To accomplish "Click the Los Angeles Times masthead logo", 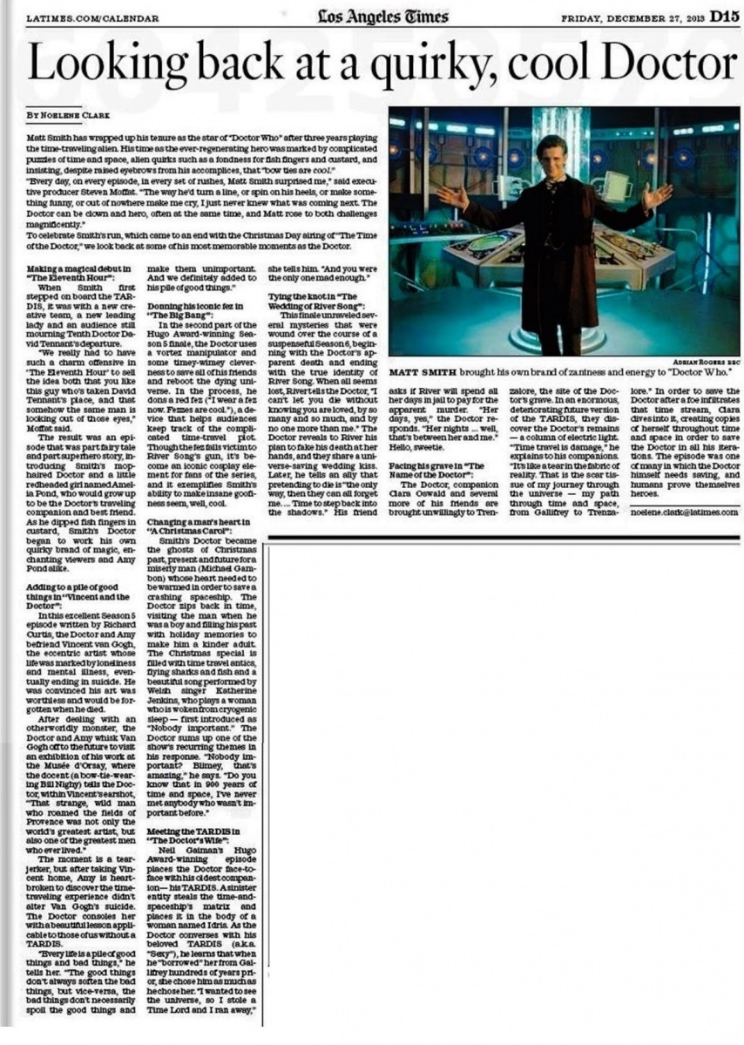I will (x=383, y=16).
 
